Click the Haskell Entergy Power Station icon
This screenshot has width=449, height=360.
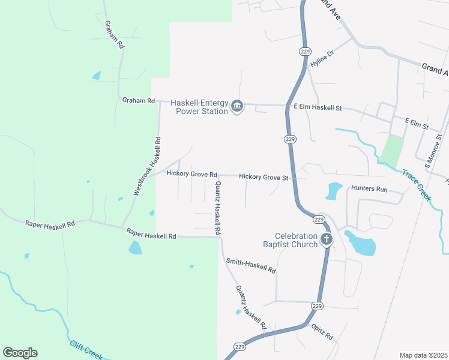(x=237, y=107)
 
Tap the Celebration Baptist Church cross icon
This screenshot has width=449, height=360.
(x=326, y=240)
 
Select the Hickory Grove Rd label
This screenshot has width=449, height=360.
(x=191, y=173)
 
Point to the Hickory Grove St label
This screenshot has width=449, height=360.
(x=264, y=177)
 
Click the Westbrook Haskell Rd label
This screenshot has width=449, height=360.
(x=148, y=166)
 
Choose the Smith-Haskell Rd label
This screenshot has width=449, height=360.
(x=250, y=266)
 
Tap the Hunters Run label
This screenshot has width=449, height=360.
(x=369, y=188)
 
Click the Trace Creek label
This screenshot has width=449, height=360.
(x=417, y=184)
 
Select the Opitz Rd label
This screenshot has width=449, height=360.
(x=322, y=332)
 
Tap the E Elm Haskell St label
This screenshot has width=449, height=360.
(x=317, y=107)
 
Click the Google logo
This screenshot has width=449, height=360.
(x=20, y=353)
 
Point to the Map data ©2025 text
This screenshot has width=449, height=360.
(x=423, y=355)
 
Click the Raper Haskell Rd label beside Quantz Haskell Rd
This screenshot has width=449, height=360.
(x=151, y=234)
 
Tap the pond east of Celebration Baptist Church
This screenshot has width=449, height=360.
(x=360, y=242)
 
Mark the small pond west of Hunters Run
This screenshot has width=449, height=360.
(x=333, y=191)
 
